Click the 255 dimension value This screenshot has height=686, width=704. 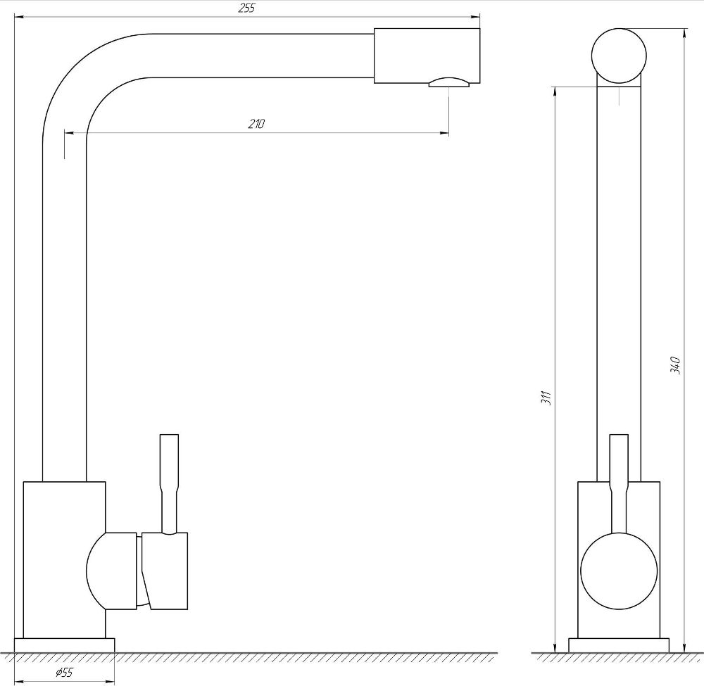point(246,8)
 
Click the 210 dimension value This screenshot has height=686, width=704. point(256,123)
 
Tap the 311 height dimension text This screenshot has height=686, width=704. point(546,398)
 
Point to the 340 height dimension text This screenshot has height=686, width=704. point(675,366)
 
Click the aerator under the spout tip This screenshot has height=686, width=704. point(448,82)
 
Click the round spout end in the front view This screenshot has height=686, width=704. point(619,56)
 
